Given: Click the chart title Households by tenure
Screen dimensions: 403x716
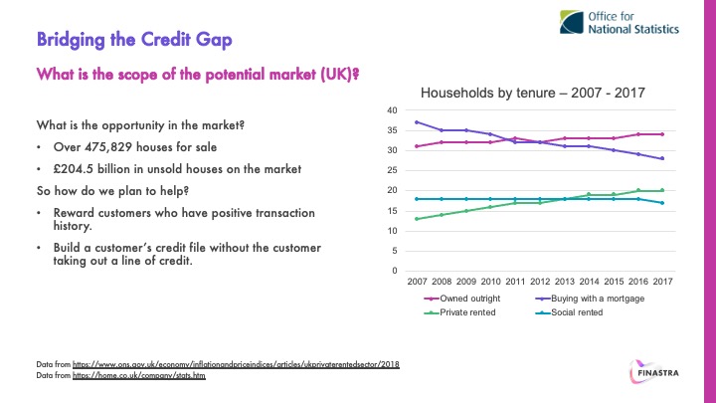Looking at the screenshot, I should point(534,93).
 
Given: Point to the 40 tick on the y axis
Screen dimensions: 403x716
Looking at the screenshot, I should point(392,110).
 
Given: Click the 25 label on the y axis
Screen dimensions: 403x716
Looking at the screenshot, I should point(392,170).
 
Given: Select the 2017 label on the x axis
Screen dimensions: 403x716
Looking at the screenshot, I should point(662,282).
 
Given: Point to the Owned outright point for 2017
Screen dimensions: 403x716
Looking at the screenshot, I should point(662,134).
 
